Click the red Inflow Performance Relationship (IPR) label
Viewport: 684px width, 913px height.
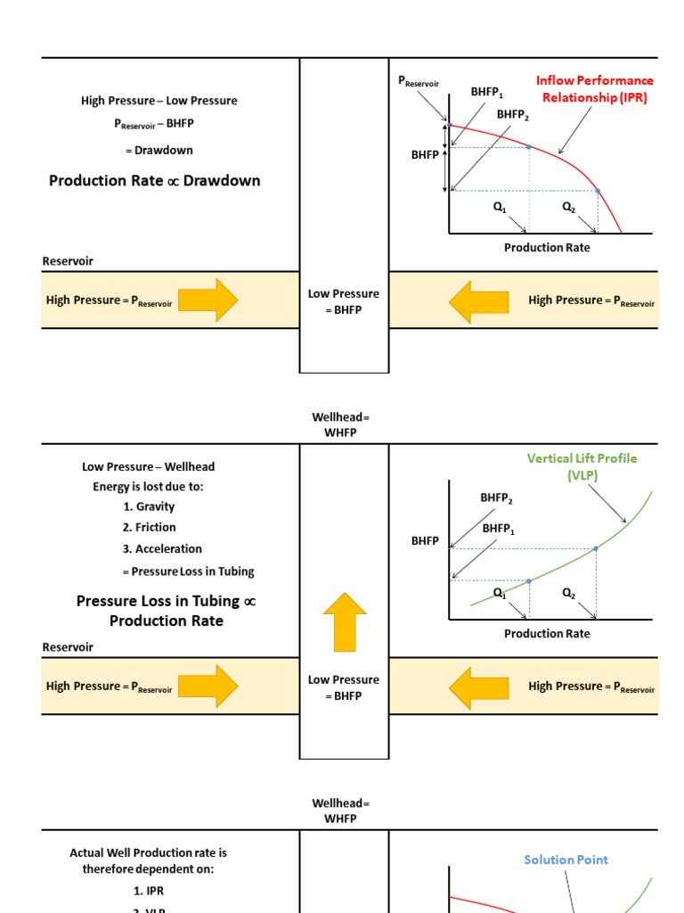[594, 89]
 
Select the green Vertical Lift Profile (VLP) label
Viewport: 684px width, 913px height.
[582, 466]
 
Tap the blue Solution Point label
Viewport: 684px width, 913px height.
[566, 860]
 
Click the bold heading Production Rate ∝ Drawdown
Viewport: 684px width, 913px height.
[155, 181]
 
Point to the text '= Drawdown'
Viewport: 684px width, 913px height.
[159, 150]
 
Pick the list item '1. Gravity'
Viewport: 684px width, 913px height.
[149, 506]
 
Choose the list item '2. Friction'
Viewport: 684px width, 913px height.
[150, 528]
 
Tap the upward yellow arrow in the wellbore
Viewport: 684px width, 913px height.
[345, 621]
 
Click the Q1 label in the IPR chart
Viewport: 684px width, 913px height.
[500, 207]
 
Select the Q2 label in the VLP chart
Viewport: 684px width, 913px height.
[568, 592]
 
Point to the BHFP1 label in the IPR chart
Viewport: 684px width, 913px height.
[487, 92]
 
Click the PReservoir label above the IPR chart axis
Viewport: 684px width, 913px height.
[418, 82]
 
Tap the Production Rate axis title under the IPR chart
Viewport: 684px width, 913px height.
[547, 248]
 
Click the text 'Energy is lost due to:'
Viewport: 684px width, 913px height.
[148, 486]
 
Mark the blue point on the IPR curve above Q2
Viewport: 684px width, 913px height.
[598, 191]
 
